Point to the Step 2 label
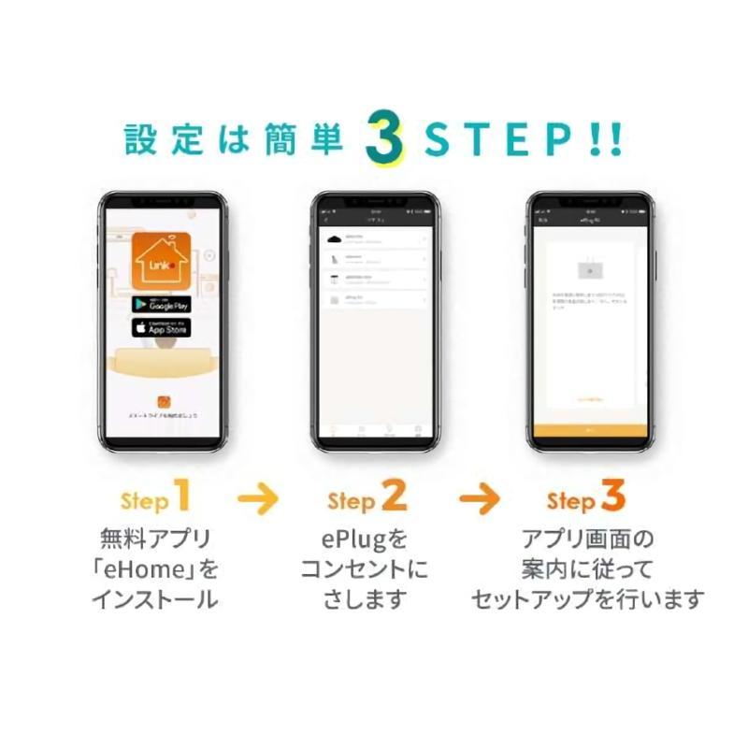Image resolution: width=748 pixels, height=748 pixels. (x=367, y=498)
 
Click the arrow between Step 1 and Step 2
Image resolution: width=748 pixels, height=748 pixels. (x=258, y=499)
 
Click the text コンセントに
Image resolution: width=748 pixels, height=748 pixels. (x=367, y=568)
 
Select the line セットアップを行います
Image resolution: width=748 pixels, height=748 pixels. (x=586, y=599)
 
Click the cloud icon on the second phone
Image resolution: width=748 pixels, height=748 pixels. (x=334, y=240)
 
